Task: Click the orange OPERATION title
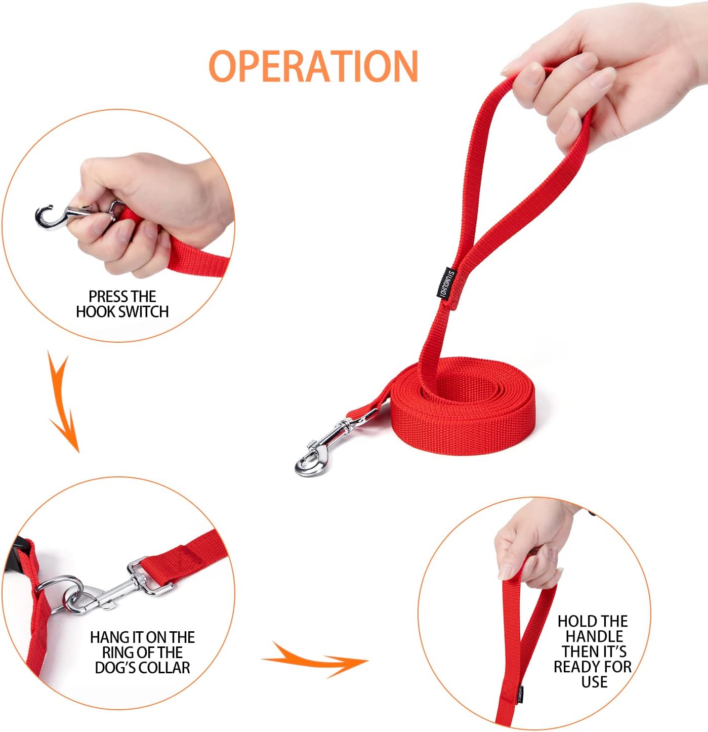[x=313, y=66]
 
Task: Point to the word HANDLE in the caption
[x=594, y=636]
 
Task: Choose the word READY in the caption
[x=577, y=667]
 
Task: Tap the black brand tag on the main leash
[x=445, y=282]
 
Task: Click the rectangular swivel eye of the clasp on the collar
[x=147, y=580]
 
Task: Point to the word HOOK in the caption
[x=93, y=311]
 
